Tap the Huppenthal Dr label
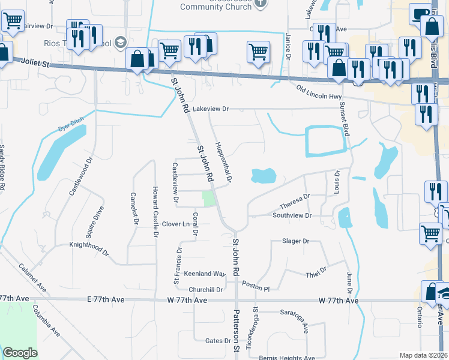[222, 162]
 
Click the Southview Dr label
[292, 215]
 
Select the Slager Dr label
[295, 241]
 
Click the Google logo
[20, 353]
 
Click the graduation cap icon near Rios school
[121, 41]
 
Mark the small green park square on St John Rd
[208, 199]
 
